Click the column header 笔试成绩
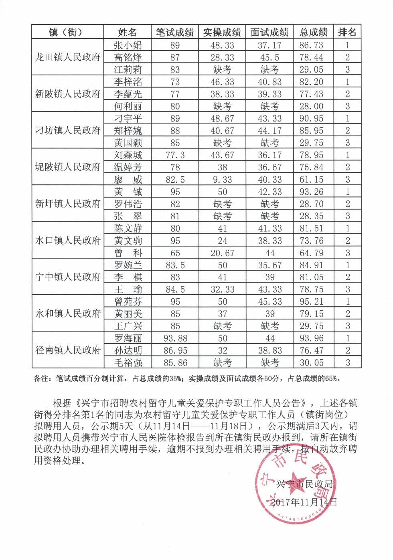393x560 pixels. coord(175,32)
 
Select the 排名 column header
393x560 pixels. coord(347,32)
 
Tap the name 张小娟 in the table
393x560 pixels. coord(128,45)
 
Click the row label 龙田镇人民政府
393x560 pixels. coord(68,57)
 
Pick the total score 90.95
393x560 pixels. coord(311,119)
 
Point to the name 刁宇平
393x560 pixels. coord(128,119)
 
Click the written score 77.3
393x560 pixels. coord(175,155)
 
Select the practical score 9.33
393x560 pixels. coord(222,180)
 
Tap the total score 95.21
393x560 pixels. coord(311,301)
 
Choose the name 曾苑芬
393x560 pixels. coord(128,301)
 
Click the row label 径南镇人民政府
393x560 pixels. coord(68,350)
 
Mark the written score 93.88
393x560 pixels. coord(175,338)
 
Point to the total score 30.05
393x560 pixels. coord(311,363)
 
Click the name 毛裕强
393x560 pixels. coord(128,363)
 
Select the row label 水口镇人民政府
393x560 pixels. coord(68,241)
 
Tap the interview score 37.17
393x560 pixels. coord(269,45)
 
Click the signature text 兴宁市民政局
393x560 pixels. coord(305,484)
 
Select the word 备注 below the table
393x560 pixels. coord(42,378)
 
